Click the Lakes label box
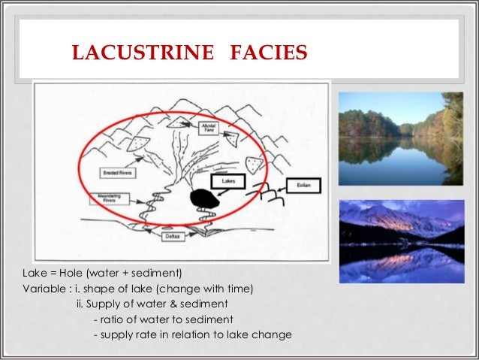click(229, 181)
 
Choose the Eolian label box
click(304, 184)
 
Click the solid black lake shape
click(203, 198)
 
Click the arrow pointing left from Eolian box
click(276, 184)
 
